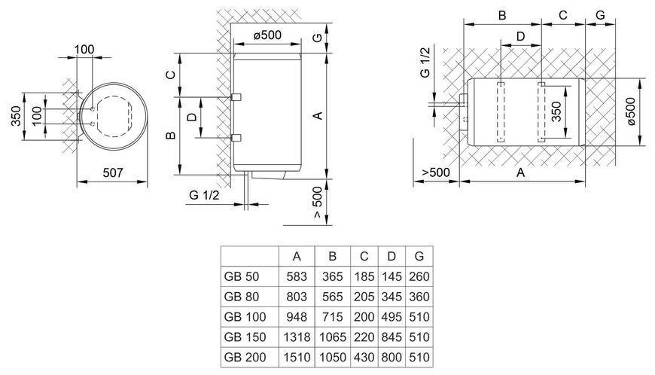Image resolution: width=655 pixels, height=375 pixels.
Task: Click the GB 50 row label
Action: [x=242, y=276]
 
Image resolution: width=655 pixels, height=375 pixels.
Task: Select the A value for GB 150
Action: [x=297, y=337]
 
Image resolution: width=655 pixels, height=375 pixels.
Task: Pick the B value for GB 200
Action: [x=333, y=357]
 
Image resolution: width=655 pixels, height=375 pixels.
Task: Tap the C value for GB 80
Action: [x=364, y=297]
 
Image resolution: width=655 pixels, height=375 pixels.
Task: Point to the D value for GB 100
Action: [x=391, y=317]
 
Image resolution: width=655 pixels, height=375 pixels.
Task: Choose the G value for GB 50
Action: [x=419, y=276]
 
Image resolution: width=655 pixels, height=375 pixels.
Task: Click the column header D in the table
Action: [x=391, y=256]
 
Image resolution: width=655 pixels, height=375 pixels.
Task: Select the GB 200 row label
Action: [x=245, y=357]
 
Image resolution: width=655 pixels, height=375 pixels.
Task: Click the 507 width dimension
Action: [x=113, y=172]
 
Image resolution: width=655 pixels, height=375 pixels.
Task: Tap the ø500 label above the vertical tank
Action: [x=267, y=35]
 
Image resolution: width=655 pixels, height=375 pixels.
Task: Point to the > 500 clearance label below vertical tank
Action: [x=318, y=202]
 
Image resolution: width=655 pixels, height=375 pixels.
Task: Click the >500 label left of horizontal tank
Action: [x=436, y=172]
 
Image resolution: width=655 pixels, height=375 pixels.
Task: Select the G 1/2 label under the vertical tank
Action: [x=204, y=195]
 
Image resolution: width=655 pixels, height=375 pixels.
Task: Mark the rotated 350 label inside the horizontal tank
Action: [x=556, y=112]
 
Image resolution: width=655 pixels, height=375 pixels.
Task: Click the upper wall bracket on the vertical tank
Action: [x=236, y=97]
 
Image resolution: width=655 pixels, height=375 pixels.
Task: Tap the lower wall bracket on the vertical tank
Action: [x=236, y=137]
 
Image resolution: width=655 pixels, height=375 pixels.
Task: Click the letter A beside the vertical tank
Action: [x=318, y=115]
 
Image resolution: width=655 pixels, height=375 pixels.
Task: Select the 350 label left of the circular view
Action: [x=16, y=116]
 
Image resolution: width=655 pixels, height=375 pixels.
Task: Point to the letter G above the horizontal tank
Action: [x=600, y=15]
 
